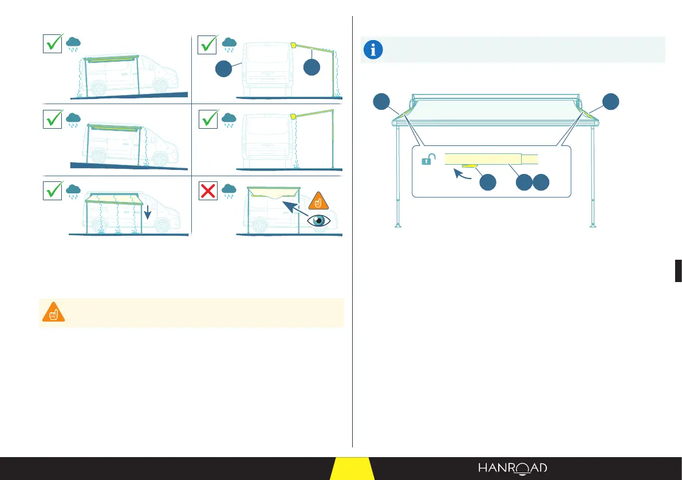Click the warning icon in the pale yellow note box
coord(53,312)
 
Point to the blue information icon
coord(374,50)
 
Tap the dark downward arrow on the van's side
coord(148,213)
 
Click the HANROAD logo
coord(513,468)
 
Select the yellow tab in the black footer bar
coord(352,469)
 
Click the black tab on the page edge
coord(679,270)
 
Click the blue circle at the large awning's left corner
coord(381,102)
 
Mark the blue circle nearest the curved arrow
coord(487,183)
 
